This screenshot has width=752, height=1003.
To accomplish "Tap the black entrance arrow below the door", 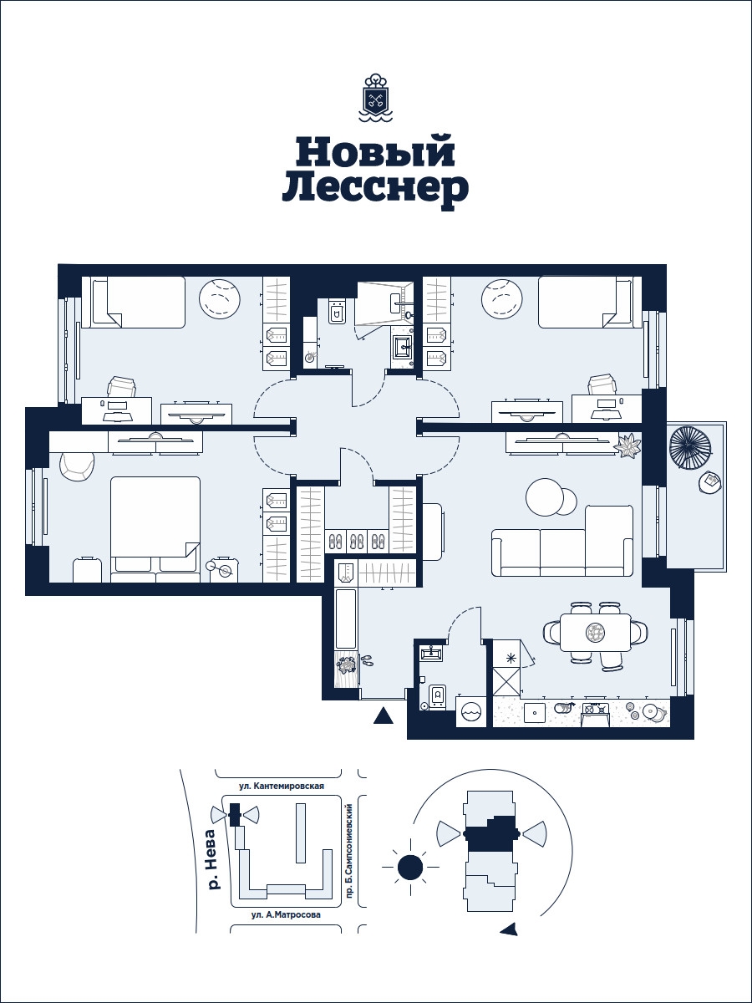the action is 384,716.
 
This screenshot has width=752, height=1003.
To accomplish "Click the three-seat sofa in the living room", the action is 562,541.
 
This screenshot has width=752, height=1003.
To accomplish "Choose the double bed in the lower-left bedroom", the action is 155,529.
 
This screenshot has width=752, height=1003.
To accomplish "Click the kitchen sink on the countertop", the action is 534,712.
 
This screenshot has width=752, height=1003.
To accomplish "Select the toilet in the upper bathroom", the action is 337,312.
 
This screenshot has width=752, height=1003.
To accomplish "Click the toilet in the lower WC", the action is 438,697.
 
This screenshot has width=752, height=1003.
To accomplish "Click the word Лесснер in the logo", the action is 375,189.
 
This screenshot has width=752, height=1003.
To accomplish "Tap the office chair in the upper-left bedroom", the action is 121,387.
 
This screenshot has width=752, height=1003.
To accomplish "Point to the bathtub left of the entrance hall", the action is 346,619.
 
